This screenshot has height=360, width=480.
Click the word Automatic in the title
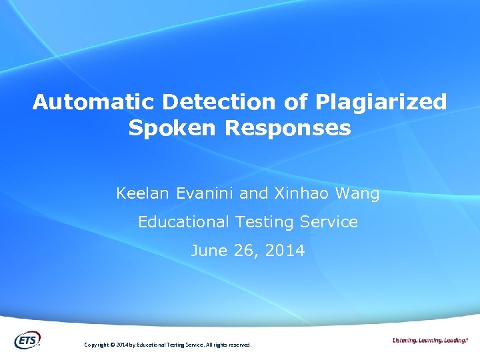(x=94, y=102)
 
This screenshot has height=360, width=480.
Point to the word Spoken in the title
(x=173, y=128)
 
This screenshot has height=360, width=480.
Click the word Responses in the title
(x=288, y=128)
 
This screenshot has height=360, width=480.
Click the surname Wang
(x=356, y=194)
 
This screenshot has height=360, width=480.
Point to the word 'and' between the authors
(x=253, y=194)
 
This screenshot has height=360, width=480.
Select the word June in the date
(x=206, y=251)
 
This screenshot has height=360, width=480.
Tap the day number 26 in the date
(x=238, y=251)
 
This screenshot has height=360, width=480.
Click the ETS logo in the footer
(x=27, y=339)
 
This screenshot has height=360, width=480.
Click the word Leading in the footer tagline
(x=455, y=340)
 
